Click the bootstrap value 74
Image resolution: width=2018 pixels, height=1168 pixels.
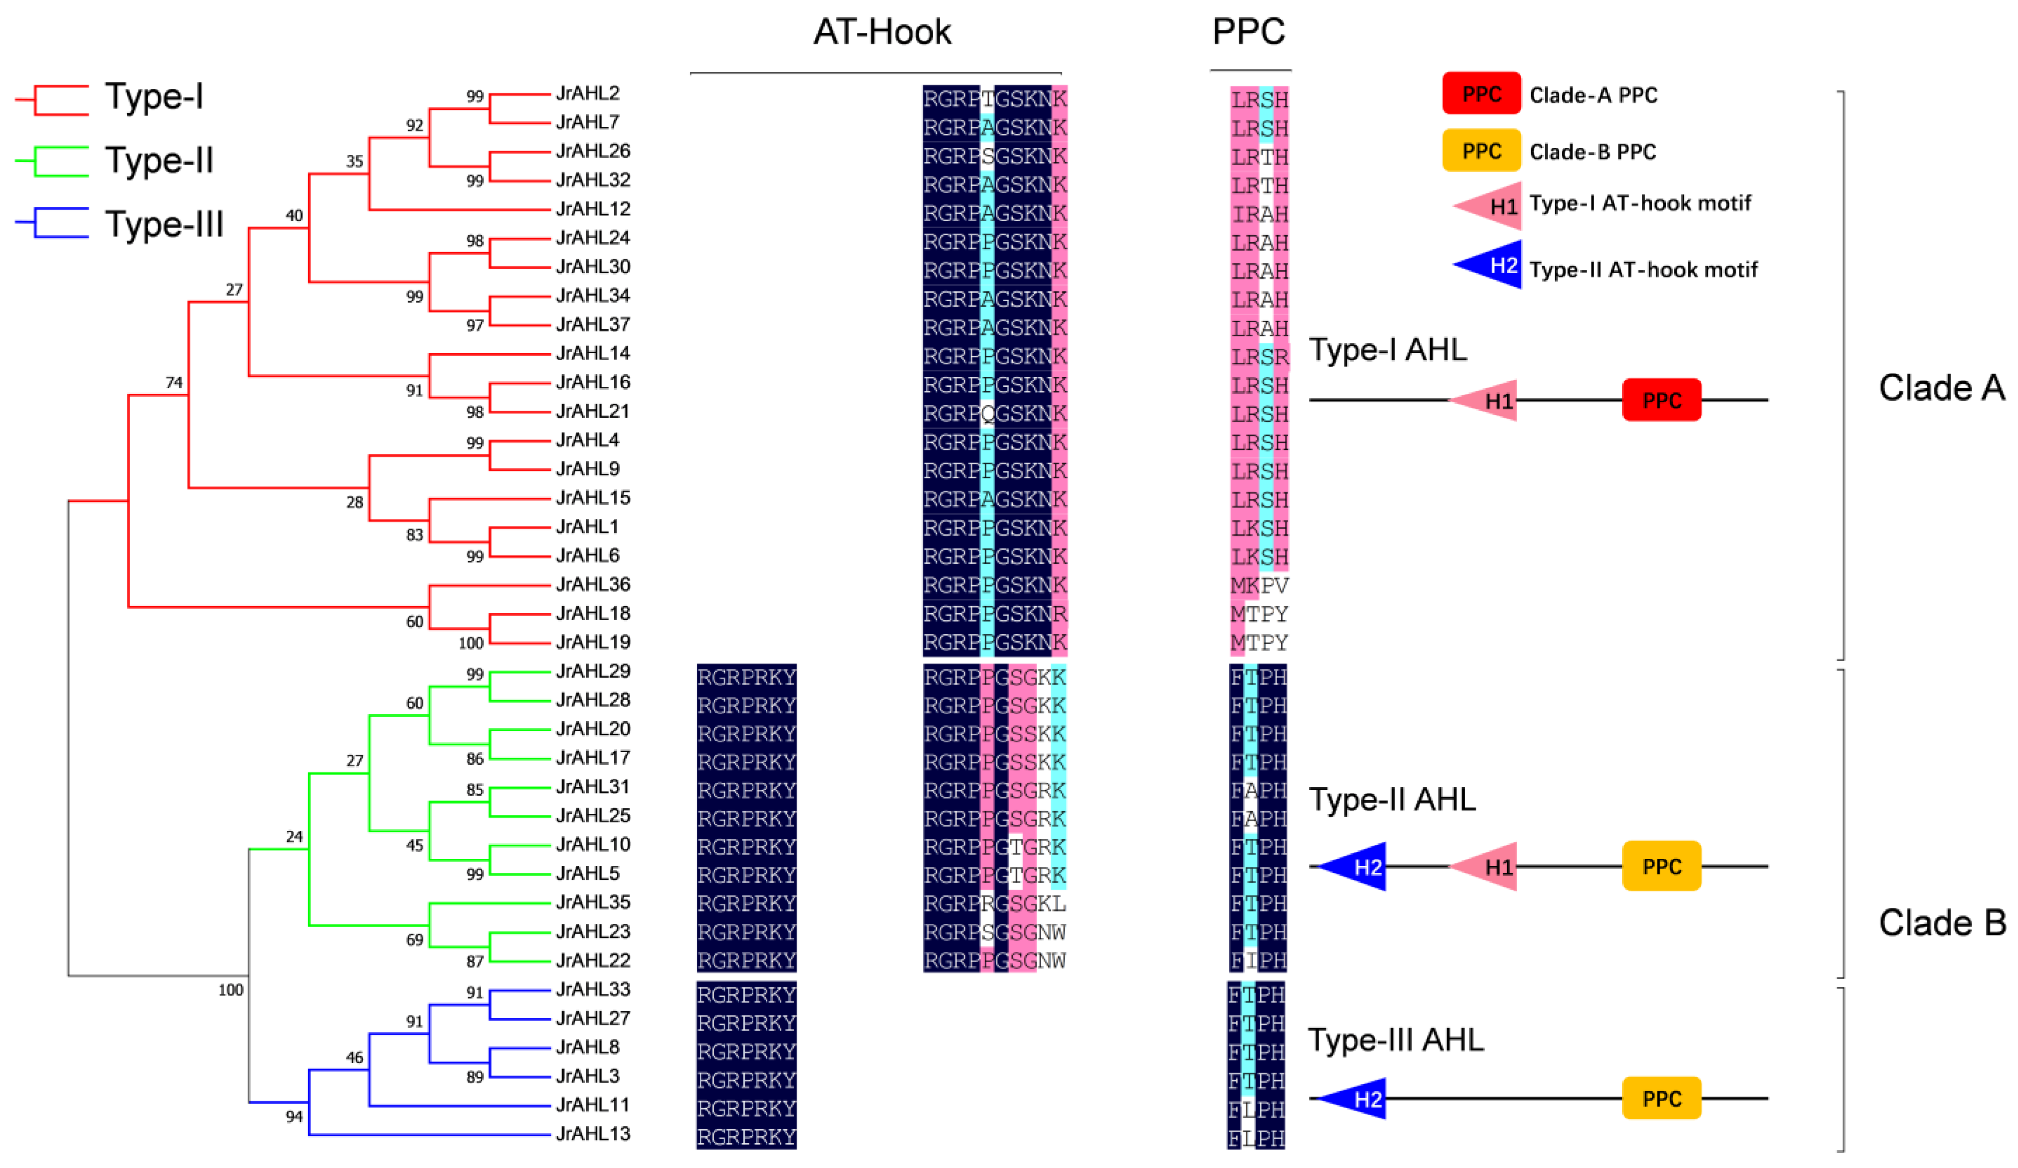[174, 383]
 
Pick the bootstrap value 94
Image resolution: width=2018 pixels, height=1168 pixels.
[294, 1117]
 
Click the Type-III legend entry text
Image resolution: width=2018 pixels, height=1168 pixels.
[164, 224]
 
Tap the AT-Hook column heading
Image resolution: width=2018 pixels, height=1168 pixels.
[882, 32]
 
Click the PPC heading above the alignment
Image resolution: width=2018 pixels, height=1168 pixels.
[1249, 32]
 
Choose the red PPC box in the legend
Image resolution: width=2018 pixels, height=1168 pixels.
[1481, 94]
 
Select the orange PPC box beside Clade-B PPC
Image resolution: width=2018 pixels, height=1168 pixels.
[1481, 151]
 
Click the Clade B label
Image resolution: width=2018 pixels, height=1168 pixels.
[1941, 923]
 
